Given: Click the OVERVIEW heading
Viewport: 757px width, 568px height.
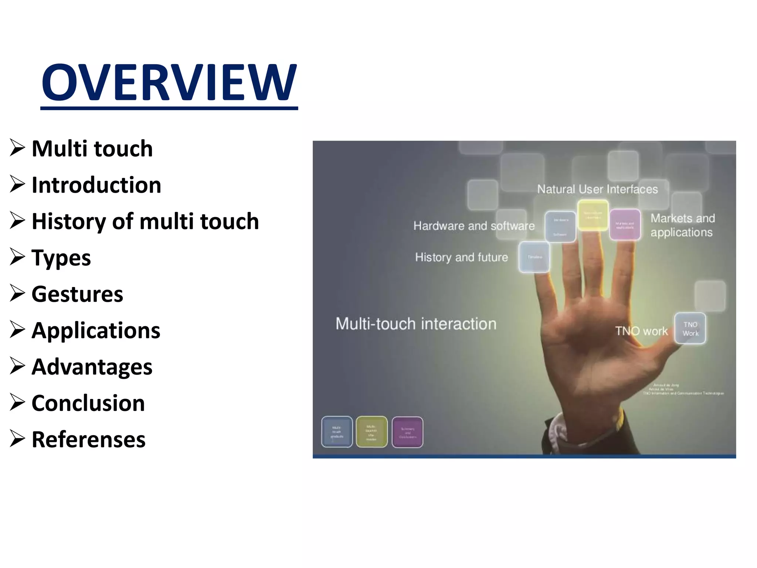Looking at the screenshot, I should pyautogui.click(x=169, y=82).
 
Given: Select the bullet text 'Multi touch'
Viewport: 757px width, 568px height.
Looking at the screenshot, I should pyautogui.click(x=92, y=148).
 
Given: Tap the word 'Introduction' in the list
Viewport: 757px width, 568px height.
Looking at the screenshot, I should pyautogui.click(x=96, y=185).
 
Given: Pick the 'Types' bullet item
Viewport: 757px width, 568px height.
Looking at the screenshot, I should pyautogui.click(x=61, y=257).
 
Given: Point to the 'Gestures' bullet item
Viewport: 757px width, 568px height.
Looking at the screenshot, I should pyautogui.click(x=77, y=294).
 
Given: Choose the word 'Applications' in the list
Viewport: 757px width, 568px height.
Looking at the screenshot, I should pyautogui.click(x=96, y=330).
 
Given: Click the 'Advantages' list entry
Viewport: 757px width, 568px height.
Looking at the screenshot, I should pyautogui.click(x=92, y=366).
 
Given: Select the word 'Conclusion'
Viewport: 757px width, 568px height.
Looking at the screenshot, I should pyautogui.click(x=88, y=403).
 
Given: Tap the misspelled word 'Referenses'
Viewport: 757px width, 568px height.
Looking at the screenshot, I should pyautogui.click(x=88, y=439).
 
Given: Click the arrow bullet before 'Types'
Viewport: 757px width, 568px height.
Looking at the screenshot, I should pyautogui.click(x=17, y=257).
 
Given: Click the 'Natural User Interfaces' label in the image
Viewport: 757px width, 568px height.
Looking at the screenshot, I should pyautogui.click(x=597, y=189).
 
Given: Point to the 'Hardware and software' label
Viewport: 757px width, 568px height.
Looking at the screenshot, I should pyautogui.click(x=474, y=226).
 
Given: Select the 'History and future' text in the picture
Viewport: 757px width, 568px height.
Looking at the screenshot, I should pyautogui.click(x=461, y=257).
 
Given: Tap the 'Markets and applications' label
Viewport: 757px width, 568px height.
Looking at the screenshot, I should pyautogui.click(x=682, y=225).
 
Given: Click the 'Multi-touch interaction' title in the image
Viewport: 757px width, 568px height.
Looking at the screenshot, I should pyautogui.click(x=416, y=324).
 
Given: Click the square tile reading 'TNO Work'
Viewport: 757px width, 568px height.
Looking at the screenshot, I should pyautogui.click(x=690, y=328).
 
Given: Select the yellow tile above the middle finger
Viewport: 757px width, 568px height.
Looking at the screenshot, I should pyautogui.click(x=593, y=215).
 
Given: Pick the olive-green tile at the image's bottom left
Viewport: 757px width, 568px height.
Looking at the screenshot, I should pyautogui.click(x=371, y=432).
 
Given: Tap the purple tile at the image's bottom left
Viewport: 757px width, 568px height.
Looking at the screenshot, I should pyautogui.click(x=407, y=432).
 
